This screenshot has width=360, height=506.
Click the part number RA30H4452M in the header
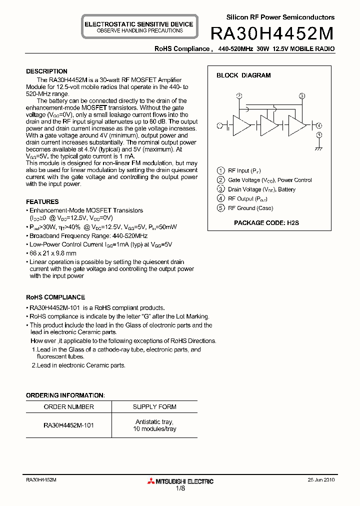(x=272, y=33)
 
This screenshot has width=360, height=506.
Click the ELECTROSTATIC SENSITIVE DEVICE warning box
(x=139, y=27)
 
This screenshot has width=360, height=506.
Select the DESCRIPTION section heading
(x=46, y=71)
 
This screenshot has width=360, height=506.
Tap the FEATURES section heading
(x=42, y=202)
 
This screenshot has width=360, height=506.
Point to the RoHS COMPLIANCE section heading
(x=55, y=297)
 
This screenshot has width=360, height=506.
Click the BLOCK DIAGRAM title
(x=243, y=75)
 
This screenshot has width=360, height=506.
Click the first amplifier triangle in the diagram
(x=242, y=125)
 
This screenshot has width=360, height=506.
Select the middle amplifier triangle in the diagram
(x=268, y=125)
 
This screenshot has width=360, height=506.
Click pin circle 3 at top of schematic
(x=301, y=96)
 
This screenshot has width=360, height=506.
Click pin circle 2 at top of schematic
(x=239, y=96)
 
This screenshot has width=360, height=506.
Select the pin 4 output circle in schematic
(x=319, y=125)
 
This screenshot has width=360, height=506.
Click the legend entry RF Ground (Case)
(x=250, y=208)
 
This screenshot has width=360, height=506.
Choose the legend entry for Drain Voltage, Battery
(x=261, y=189)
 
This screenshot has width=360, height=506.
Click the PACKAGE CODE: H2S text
(x=266, y=223)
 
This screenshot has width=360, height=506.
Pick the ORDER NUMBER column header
(x=68, y=407)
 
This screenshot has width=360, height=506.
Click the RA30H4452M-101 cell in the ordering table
(x=68, y=425)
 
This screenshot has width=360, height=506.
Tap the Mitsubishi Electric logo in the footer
(x=180, y=481)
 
